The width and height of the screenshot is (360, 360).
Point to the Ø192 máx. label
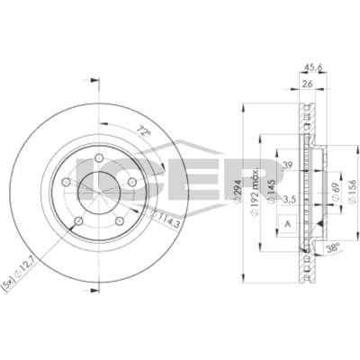tap(258, 191)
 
